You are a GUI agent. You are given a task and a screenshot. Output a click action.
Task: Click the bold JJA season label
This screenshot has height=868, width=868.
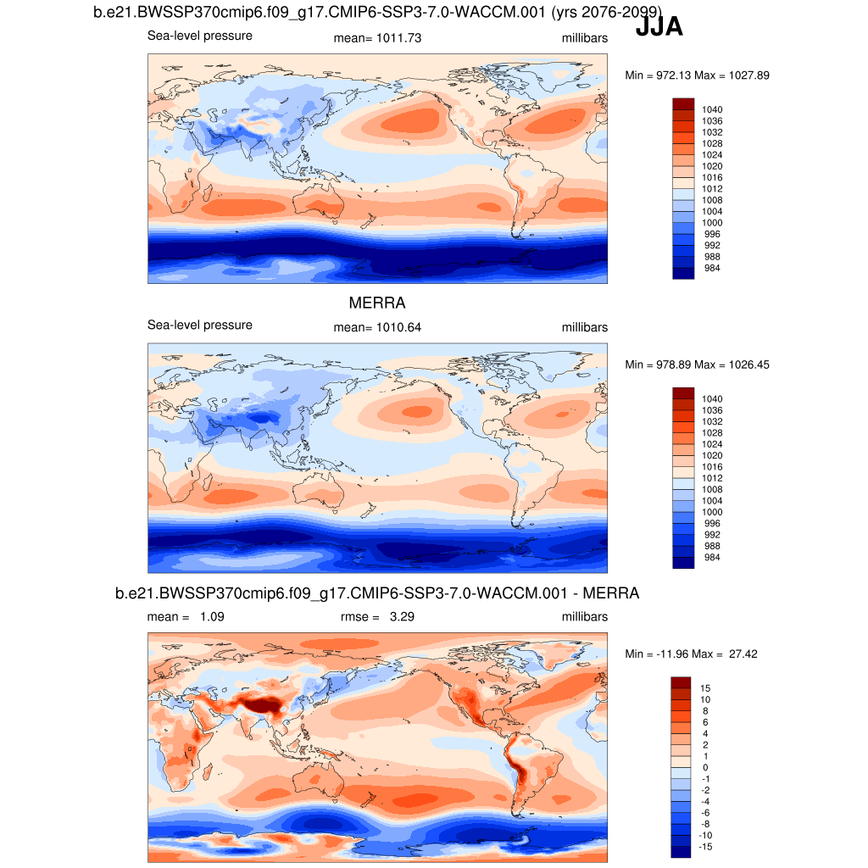(659, 28)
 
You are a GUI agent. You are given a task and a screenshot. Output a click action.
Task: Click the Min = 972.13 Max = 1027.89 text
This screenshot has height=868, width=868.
(697, 75)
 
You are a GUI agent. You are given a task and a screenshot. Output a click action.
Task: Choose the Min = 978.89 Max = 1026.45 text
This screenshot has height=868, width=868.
(697, 364)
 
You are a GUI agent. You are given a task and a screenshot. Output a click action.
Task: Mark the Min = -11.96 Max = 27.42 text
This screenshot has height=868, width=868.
(697, 654)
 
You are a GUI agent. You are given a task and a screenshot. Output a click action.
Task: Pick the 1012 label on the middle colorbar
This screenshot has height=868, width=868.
(711, 478)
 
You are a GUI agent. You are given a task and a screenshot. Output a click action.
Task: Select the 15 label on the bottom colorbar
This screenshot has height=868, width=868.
(705, 687)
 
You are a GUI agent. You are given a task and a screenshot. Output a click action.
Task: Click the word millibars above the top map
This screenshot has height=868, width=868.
(584, 39)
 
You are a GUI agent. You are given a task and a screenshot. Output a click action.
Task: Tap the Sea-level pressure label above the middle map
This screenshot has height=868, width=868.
(199, 325)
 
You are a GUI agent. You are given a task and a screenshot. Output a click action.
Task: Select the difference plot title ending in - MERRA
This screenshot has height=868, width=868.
(376, 594)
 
